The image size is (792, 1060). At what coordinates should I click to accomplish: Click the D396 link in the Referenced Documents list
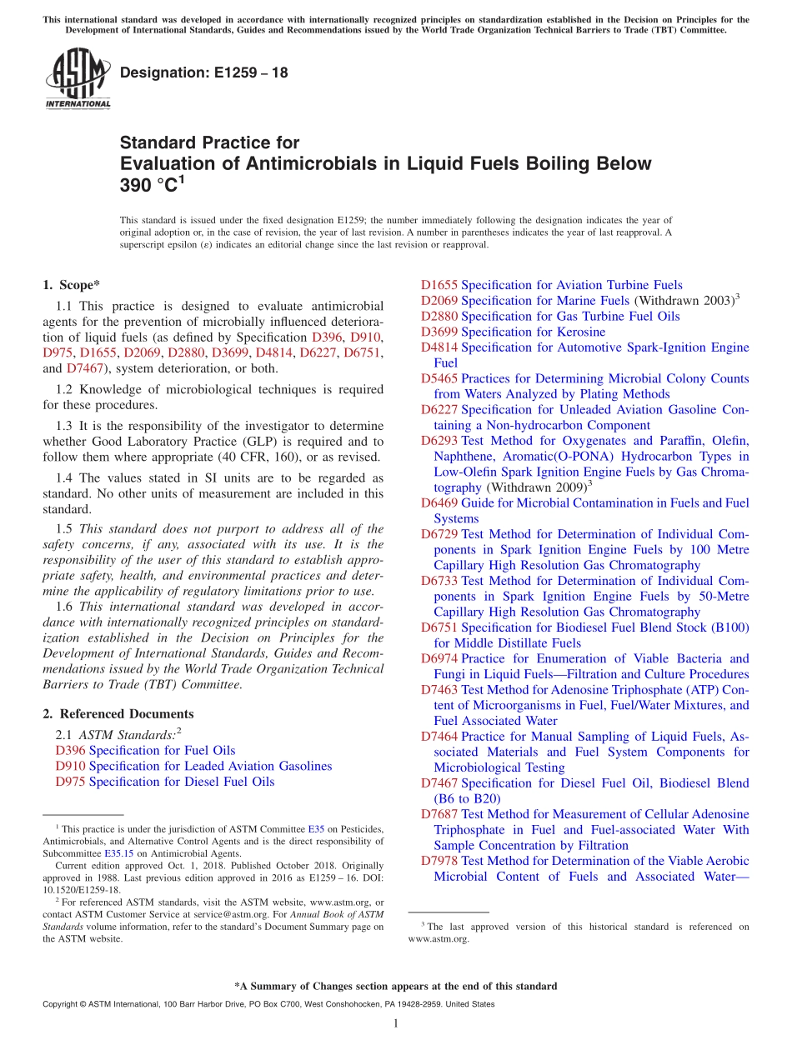(x=70, y=751)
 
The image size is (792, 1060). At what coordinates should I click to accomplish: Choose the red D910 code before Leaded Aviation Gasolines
(x=70, y=767)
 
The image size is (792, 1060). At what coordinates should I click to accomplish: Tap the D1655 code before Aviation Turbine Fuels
(x=439, y=285)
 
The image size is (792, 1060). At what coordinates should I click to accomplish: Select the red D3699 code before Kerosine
(x=439, y=332)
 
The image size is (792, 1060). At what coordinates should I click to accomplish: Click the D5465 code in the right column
(x=439, y=378)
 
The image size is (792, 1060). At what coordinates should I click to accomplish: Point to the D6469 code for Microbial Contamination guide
(x=439, y=503)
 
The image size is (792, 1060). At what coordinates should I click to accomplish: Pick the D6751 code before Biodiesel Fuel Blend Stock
(x=439, y=627)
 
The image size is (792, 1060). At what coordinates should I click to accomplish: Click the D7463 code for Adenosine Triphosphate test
(x=439, y=690)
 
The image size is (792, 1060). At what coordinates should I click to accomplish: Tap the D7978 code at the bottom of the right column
(x=439, y=861)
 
